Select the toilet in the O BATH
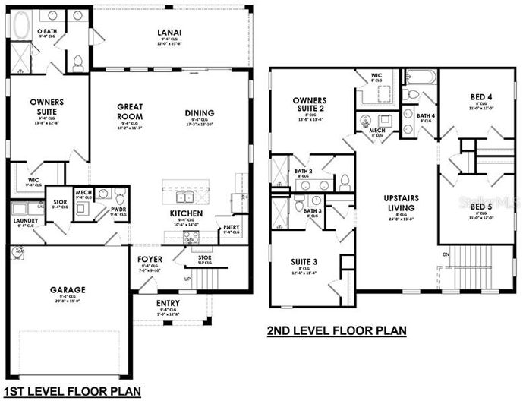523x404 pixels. [x=77, y=63]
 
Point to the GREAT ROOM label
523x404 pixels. [x=131, y=112]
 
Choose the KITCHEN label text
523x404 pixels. [x=185, y=214]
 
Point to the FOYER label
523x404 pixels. [x=149, y=259]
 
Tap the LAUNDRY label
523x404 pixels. [x=25, y=220]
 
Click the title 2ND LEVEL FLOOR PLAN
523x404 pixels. [x=336, y=330]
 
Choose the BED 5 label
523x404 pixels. [x=480, y=206]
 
